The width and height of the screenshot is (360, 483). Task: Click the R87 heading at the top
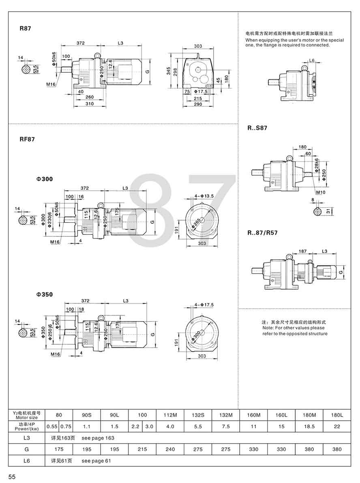click(x=26, y=29)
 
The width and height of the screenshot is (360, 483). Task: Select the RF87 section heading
click(x=28, y=139)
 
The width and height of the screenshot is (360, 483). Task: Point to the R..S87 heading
click(x=257, y=128)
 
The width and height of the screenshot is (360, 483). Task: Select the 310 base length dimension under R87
click(x=90, y=104)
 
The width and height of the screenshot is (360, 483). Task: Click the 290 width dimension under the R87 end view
click(x=198, y=105)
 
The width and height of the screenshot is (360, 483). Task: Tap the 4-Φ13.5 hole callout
click(x=204, y=196)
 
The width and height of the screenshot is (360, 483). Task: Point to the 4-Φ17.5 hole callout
click(x=204, y=304)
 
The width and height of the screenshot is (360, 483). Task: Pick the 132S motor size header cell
click(x=198, y=415)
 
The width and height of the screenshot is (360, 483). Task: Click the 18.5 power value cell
click(x=309, y=426)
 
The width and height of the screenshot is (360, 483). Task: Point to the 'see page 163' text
click(x=98, y=438)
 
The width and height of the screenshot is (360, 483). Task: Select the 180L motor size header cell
click(x=337, y=415)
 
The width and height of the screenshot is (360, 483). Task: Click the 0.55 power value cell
click(x=52, y=426)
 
